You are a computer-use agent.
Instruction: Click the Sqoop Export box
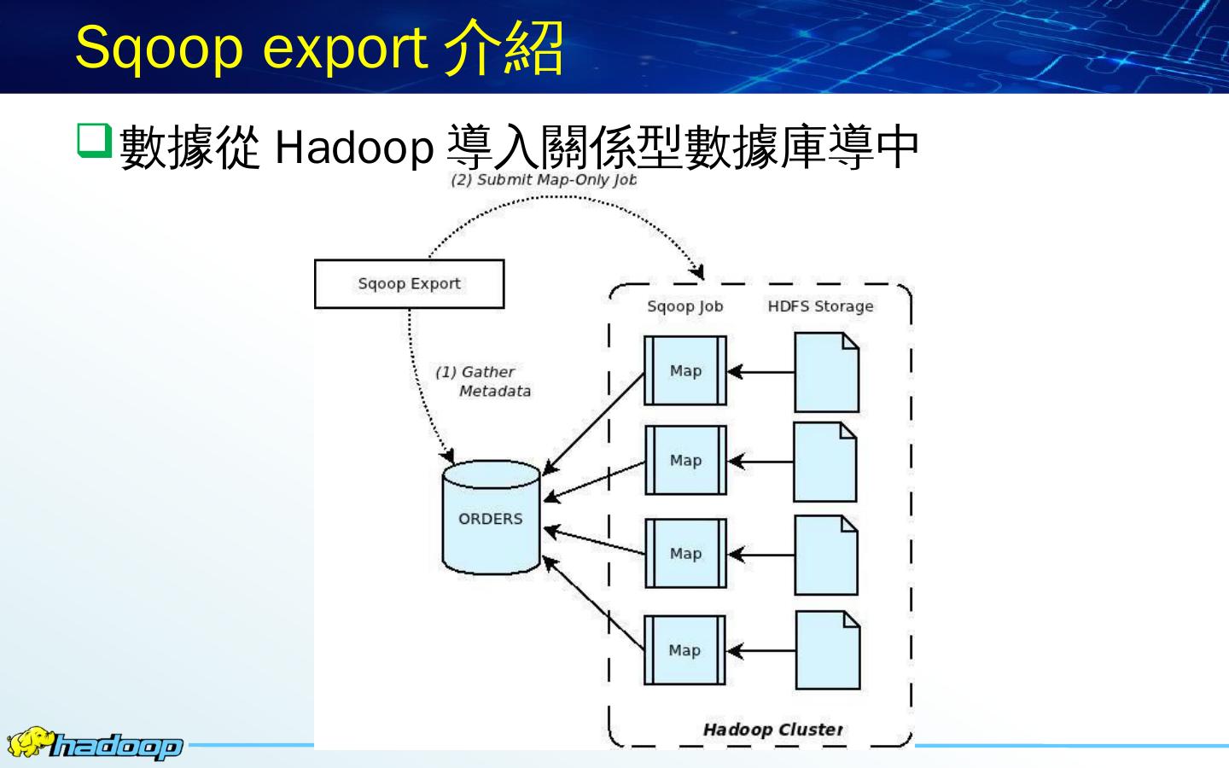point(409,284)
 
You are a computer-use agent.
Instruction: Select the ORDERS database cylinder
point(491,518)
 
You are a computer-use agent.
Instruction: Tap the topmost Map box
point(685,370)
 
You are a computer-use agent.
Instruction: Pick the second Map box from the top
point(685,461)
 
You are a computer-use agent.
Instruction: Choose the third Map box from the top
point(685,554)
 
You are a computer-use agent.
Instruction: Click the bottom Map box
point(684,650)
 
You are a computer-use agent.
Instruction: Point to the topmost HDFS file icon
point(826,373)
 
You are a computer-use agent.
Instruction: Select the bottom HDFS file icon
point(827,650)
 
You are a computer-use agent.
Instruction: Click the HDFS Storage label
point(820,306)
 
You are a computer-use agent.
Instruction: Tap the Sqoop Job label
point(684,306)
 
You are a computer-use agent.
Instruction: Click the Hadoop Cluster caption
point(772,730)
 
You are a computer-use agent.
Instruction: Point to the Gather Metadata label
point(483,381)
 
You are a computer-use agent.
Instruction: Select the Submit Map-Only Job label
point(544,180)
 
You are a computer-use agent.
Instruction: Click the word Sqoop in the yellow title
point(159,48)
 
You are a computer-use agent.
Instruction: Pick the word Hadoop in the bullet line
point(354,148)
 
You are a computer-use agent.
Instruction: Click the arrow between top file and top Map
point(760,372)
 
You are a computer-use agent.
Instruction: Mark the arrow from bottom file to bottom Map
point(760,651)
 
